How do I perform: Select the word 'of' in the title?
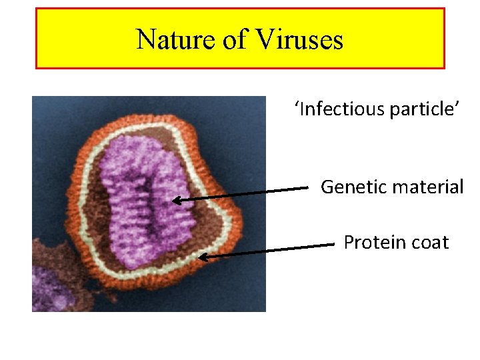pyautogui.click(x=235, y=40)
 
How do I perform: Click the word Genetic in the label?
pyautogui.click(x=353, y=187)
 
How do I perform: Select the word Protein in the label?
pyautogui.click(x=373, y=243)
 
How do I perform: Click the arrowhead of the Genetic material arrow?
pyautogui.click(x=176, y=199)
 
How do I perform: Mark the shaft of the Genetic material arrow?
pyautogui.click(x=247, y=194)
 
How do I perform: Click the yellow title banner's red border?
pyautogui.click(x=240, y=9)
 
